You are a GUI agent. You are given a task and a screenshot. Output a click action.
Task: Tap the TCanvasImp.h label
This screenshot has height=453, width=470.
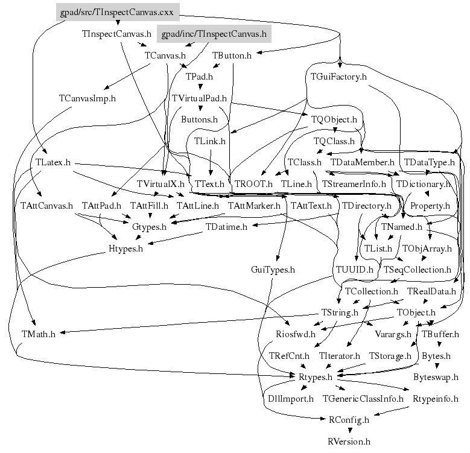[87, 98]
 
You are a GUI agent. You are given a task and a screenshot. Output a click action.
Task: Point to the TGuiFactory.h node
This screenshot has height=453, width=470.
[338, 77]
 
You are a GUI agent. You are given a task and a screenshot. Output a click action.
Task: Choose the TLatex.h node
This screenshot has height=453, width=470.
[53, 163]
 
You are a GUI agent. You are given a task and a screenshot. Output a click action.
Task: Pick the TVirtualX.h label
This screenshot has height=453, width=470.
[160, 183]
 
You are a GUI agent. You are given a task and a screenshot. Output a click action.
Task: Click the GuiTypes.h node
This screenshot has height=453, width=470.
[273, 270]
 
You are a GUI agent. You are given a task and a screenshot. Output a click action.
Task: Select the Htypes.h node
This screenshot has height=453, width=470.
[125, 248]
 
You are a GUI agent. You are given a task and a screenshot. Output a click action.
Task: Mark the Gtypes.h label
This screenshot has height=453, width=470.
[149, 227]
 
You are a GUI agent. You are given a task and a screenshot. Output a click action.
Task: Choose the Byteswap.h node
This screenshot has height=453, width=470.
[436, 377]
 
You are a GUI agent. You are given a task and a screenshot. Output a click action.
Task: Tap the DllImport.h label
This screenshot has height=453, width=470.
[290, 399]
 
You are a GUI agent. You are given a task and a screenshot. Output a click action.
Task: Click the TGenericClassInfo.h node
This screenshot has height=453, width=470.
[363, 399]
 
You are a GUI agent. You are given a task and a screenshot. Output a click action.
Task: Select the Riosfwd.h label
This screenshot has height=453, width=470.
[296, 334]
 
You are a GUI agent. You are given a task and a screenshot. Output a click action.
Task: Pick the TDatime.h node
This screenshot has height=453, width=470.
[226, 227]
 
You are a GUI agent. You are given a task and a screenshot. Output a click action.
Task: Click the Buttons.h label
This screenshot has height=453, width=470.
[199, 119]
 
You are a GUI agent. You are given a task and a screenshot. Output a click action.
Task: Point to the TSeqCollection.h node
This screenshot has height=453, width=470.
[417, 270]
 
